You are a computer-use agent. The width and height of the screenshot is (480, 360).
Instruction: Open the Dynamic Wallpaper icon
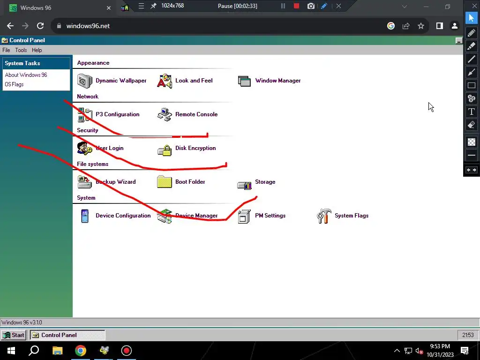tap(85, 81)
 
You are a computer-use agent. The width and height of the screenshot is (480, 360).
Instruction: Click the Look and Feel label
tap(194, 81)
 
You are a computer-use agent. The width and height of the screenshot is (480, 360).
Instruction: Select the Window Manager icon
tap(244, 81)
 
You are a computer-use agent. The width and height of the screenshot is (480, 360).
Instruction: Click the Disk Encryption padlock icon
tap(165, 150)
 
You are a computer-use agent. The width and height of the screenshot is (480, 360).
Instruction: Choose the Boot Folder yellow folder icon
tap(165, 182)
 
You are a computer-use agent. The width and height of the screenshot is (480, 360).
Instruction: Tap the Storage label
tap(265, 182)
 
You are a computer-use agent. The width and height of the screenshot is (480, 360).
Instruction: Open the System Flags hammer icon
tap(324, 216)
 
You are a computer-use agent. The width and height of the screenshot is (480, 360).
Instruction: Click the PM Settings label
tap(270, 216)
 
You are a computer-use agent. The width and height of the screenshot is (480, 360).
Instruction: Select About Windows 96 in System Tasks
tap(26, 75)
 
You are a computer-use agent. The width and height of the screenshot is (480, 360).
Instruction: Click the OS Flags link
tap(14, 84)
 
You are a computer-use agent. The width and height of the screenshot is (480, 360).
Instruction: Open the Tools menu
tap(21, 50)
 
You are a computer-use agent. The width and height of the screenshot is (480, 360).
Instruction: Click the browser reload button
tap(40, 26)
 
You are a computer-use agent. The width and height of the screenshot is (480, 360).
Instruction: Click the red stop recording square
tap(296, 6)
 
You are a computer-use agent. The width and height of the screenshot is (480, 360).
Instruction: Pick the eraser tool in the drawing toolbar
tap(472, 125)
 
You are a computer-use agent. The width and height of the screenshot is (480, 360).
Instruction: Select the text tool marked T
tap(472, 112)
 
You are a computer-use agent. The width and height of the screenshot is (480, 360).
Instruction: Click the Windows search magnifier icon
tap(34, 351)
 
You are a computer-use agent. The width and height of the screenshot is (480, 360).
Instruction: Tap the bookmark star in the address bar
tap(421, 26)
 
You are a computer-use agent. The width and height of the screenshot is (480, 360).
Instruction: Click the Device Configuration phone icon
tap(85, 216)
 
